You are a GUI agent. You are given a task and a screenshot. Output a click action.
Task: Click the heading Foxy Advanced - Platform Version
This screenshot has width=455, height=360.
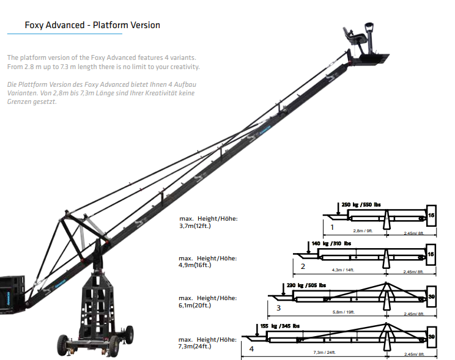[92, 25]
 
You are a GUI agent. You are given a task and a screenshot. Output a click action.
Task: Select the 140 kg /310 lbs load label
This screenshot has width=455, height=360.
[331, 243]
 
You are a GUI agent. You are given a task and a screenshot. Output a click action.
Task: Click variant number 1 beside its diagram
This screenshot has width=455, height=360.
[331, 227]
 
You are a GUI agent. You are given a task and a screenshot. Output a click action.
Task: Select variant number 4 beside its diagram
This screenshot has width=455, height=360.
[250, 350]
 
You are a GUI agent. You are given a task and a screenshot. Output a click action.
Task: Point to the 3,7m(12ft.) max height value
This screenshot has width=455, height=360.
[196, 225]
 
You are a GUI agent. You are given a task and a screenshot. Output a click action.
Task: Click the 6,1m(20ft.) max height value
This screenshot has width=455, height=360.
[196, 304]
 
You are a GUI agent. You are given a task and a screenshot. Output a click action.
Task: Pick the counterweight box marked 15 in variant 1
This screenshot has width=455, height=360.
[431, 215]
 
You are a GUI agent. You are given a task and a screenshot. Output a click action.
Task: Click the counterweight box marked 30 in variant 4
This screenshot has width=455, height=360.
[431, 336]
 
